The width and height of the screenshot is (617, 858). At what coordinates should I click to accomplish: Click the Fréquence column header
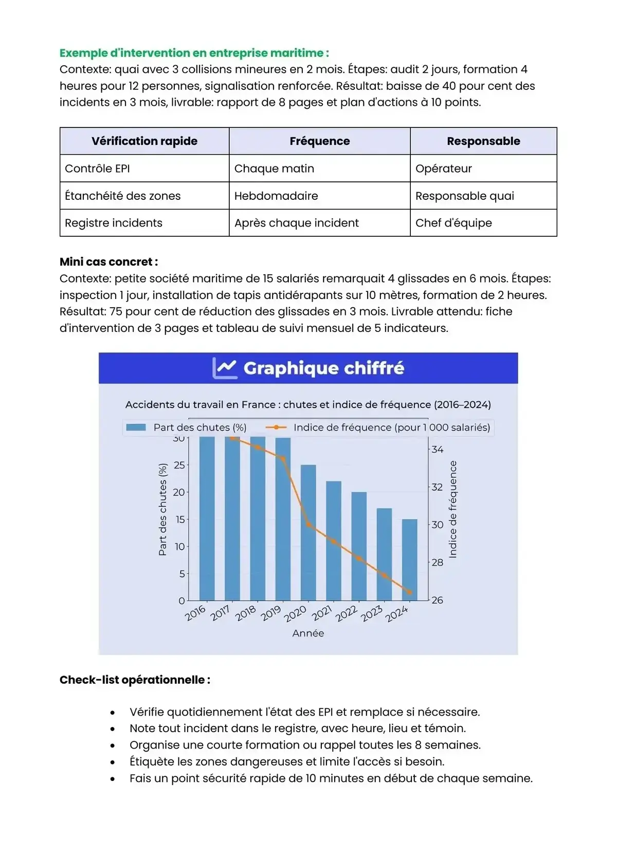pyautogui.click(x=319, y=141)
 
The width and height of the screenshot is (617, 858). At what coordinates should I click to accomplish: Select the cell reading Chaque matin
pyautogui.click(x=274, y=169)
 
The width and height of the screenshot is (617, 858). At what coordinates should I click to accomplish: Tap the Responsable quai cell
pyautogui.click(x=464, y=196)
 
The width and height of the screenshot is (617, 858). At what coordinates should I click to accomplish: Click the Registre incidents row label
pyautogui.click(x=114, y=223)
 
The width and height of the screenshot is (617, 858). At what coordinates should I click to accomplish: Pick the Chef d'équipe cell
pyautogui.click(x=453, y=223)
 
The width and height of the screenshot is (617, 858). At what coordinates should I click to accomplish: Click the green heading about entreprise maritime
pyautogui.click(x=194, y=53)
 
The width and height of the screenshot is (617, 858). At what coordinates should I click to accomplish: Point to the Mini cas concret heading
pyautogui.click(x=108, y=262)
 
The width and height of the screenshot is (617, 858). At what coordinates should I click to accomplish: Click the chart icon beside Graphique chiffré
pyautogui.click(x=225, y=368)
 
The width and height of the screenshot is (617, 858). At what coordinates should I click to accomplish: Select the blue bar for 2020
pyautogui.click(x=308, y=532)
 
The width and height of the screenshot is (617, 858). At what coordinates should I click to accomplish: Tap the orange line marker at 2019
pyautogui.click(x=283, y=458)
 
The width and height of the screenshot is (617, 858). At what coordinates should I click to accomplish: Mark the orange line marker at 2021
pyautogui.click(x=334, y=541)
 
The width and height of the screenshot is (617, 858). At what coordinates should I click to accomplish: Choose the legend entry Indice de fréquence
pyautogui.click(x=378, y=427)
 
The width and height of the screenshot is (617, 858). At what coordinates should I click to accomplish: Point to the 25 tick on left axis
pyautogui.click(x=179, y=465)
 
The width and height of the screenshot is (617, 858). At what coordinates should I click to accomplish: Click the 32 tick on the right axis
pyautogui.click(x=437, y=487)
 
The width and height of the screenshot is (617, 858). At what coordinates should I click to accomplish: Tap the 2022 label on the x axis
pyautogui.click(x=347, y=613)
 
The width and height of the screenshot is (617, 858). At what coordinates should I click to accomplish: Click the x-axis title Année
pyautogui.click(x=308, y=633)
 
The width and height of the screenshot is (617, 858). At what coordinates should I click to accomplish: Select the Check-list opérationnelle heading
pyautogui.click(x=135, y=680)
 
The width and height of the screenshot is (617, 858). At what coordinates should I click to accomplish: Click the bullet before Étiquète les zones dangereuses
pyautogui.click(x=113, y=762)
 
